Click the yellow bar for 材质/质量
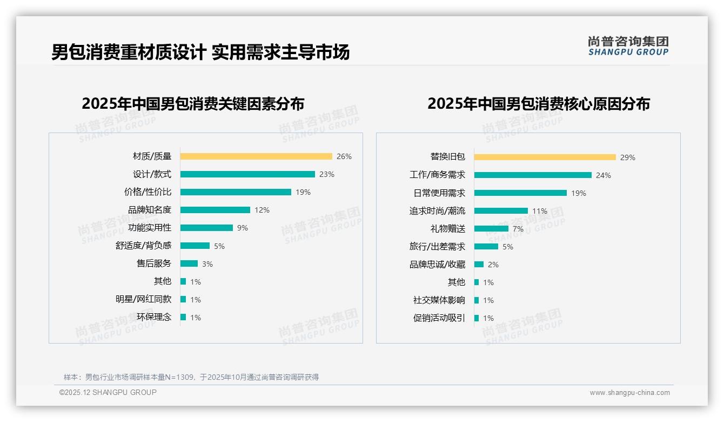(x=256, y=156)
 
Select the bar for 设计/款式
(x=247, y=174)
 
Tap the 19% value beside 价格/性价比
(x=303, y=192)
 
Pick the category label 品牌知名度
(x=150, y=210)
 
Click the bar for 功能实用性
(x=206, y=228)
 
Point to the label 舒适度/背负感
(x=143, y=246)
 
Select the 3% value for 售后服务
(x=207, y=264)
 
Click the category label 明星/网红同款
(x=143, y=299)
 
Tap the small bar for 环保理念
(x=183, y=317)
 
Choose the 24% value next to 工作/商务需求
(x=604, y=175)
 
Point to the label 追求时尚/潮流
(x=437, y=211)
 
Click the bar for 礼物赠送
(x=491, y=229)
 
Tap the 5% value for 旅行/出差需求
(x=508, y=247)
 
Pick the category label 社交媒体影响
(x=439, y=300)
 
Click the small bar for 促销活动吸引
(x=477, y=318)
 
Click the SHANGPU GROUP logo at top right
(x=628, y=45)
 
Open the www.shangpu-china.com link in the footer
(x=629, y=393)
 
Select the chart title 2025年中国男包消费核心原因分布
(x=539, y=104)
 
